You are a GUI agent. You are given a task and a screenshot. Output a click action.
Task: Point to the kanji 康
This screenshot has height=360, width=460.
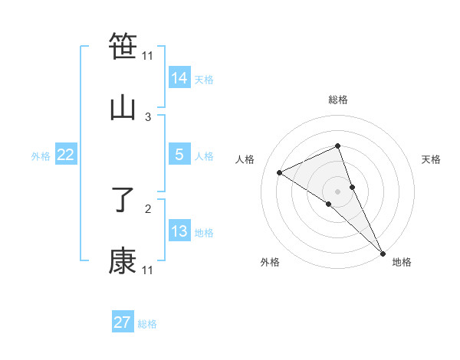coord(123,261)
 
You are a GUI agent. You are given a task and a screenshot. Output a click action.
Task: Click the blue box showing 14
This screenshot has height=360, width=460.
coord(179,77)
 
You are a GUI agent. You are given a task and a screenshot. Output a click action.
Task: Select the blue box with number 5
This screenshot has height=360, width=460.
coord(179,155)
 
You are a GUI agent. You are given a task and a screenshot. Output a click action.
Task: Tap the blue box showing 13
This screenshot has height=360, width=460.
coord(179,231)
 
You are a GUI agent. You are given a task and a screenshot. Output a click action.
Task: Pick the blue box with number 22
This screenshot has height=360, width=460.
coord(66,155)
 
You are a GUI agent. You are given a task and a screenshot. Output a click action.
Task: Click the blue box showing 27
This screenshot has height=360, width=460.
coord(123,322)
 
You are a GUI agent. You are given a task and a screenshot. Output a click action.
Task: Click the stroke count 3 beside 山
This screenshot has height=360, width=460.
coord(148,116)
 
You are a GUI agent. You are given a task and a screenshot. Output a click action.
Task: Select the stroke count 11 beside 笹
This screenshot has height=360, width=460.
coord(148,55)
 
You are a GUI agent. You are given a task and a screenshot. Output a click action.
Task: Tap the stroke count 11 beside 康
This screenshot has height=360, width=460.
coord(148,270)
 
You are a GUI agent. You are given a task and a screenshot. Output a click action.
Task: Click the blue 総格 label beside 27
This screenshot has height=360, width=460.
coord(147,324)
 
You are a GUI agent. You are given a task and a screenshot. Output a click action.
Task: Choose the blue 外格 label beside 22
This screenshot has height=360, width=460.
coord(41,156)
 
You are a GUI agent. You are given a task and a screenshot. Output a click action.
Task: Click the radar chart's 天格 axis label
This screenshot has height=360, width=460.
coord(432,159)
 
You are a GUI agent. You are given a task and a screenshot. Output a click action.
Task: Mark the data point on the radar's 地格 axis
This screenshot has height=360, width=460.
coord(383,252)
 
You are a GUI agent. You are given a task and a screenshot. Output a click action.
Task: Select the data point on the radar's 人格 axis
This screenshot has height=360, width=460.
coord(279,172)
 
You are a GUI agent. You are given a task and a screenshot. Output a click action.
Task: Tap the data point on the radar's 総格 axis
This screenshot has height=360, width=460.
coord(337,146)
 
